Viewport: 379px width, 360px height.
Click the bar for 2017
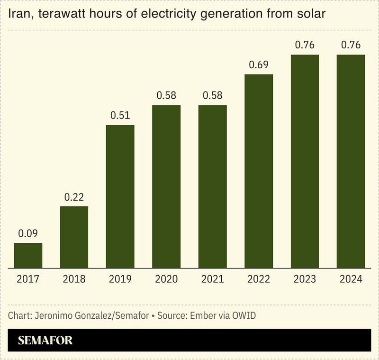tap(28, 256)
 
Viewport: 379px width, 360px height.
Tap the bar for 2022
tap(259, 171)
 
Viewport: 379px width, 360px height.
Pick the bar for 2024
tap(351, 161)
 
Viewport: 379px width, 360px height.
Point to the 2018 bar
tap(74, 237)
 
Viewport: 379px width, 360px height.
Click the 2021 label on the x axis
tap(212, 279)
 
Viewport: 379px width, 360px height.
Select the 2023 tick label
tap(305, 279)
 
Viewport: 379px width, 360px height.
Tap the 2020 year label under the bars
tap(166, 279)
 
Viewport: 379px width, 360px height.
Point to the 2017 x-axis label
tap(28, 279)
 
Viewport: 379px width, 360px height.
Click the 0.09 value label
tap(28, 233)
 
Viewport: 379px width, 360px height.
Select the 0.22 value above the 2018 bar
tap(74, 197)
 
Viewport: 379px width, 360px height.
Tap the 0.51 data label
tap(120, 115)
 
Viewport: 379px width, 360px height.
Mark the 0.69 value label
tap(259, 65)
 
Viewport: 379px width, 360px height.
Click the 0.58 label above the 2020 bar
tap(166, 96)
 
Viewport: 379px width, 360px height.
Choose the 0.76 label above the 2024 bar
tap(351, 46)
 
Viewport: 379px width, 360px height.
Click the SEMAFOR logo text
tap(45, 341)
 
